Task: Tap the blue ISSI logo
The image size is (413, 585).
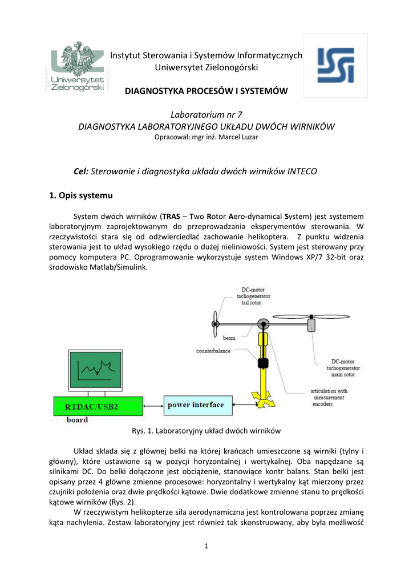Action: click(335, 65)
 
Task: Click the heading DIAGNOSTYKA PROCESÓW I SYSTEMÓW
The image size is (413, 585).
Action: click(206, 91)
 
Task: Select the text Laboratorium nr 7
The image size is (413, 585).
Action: click(206, 115)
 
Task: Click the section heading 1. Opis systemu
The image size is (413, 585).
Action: click(81, 195)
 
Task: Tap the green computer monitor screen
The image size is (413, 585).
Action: click(96, 370)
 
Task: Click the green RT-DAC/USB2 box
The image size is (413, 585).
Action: click(96, 406)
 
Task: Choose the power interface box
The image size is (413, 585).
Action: click(195, 405)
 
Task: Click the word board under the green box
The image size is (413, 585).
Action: click(78, 420)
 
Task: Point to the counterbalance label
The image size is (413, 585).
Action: click(213, 351)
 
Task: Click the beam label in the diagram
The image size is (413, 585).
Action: click(229, 338)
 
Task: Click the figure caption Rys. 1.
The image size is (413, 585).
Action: click(206, 430)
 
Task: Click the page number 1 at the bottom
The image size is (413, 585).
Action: click(206, 546)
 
